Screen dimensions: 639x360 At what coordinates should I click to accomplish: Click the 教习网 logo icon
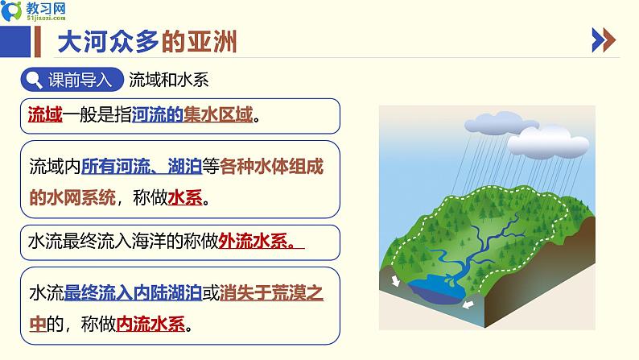pyautogui.click(x=11, y=10)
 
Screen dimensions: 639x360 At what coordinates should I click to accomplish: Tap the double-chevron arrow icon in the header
pyautogui.click(x=604, y=40)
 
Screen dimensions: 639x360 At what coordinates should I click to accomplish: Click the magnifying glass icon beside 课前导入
pyautogui.click(x=34, y=80)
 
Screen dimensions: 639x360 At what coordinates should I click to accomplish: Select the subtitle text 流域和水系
pyautogui.click(x=169, y=80)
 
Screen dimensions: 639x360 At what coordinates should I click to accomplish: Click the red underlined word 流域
pyautogui.click(x=45, y=114)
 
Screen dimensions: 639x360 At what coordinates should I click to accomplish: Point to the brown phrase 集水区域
pyautogui.click(x=218, y=114)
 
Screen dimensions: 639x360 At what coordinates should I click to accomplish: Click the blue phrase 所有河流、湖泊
pyautogui.click(x=142, y=167)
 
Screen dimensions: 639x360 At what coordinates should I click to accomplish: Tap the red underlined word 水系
pyautogui.click(x=185, y=198)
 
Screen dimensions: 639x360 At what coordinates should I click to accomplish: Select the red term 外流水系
pyautogui.click(x=253, y=242)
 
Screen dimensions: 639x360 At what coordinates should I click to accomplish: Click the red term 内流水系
pyautogui.click(x=150, y=324)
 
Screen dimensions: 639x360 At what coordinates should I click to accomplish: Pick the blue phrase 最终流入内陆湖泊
pyautogui.click(x=133, y=292)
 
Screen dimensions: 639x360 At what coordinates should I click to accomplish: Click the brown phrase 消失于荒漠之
pyautogui.click(x=271, y=292)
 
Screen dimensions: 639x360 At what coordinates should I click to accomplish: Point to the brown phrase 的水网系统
pyautogui.click(x=72, y=198)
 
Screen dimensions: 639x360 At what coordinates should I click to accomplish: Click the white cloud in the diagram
pyautogui.click(x=548, y=143)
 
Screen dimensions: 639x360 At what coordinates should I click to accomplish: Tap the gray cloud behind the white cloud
pyautogui.click(x=495, y=122)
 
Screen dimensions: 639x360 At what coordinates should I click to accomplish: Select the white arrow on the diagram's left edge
pyautogui.click(x=395, y=280)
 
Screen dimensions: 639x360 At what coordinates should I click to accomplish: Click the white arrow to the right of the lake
pyautogui.click(x=468, y=304)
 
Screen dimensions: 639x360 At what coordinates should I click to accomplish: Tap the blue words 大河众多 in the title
pyautogui.click(x=109, y=42)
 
